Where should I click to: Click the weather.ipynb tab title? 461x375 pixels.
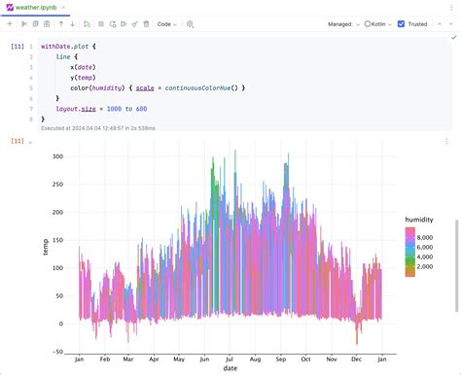[x=35, y=8]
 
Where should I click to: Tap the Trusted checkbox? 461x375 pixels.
[x=402, y=23]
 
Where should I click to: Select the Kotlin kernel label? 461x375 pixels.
[x=378, y=23]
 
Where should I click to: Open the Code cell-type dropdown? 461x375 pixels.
[x=166, y=23]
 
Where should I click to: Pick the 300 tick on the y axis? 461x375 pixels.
[x=56, y=155]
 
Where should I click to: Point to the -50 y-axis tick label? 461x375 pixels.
[x=56, y=352]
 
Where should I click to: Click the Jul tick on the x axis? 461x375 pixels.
[x=229, y=358]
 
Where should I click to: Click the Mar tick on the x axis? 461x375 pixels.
[x=127, y=358]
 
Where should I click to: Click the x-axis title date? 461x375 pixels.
[x=230, y=369]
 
